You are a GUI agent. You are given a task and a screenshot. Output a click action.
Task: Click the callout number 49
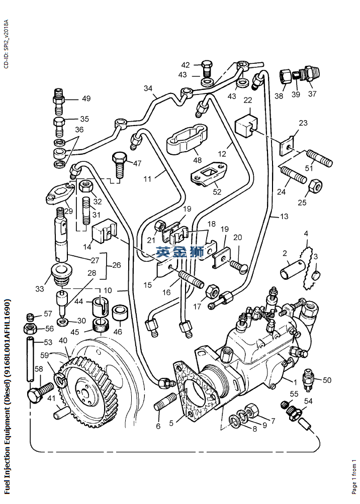point(86,98)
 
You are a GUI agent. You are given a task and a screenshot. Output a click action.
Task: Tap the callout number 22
point(247,100)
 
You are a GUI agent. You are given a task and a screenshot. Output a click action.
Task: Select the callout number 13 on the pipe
point(284,217)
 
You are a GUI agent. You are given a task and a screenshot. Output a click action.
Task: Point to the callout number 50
point(327,380)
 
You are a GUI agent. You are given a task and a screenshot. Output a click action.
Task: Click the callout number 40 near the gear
point(63,340)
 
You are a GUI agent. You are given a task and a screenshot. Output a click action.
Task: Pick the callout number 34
point(148,88)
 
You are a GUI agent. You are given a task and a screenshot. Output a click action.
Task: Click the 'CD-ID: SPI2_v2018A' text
point(6,45)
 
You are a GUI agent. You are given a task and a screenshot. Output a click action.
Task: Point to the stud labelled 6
point(165,404)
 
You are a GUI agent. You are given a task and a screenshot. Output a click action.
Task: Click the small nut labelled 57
point(31,317)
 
